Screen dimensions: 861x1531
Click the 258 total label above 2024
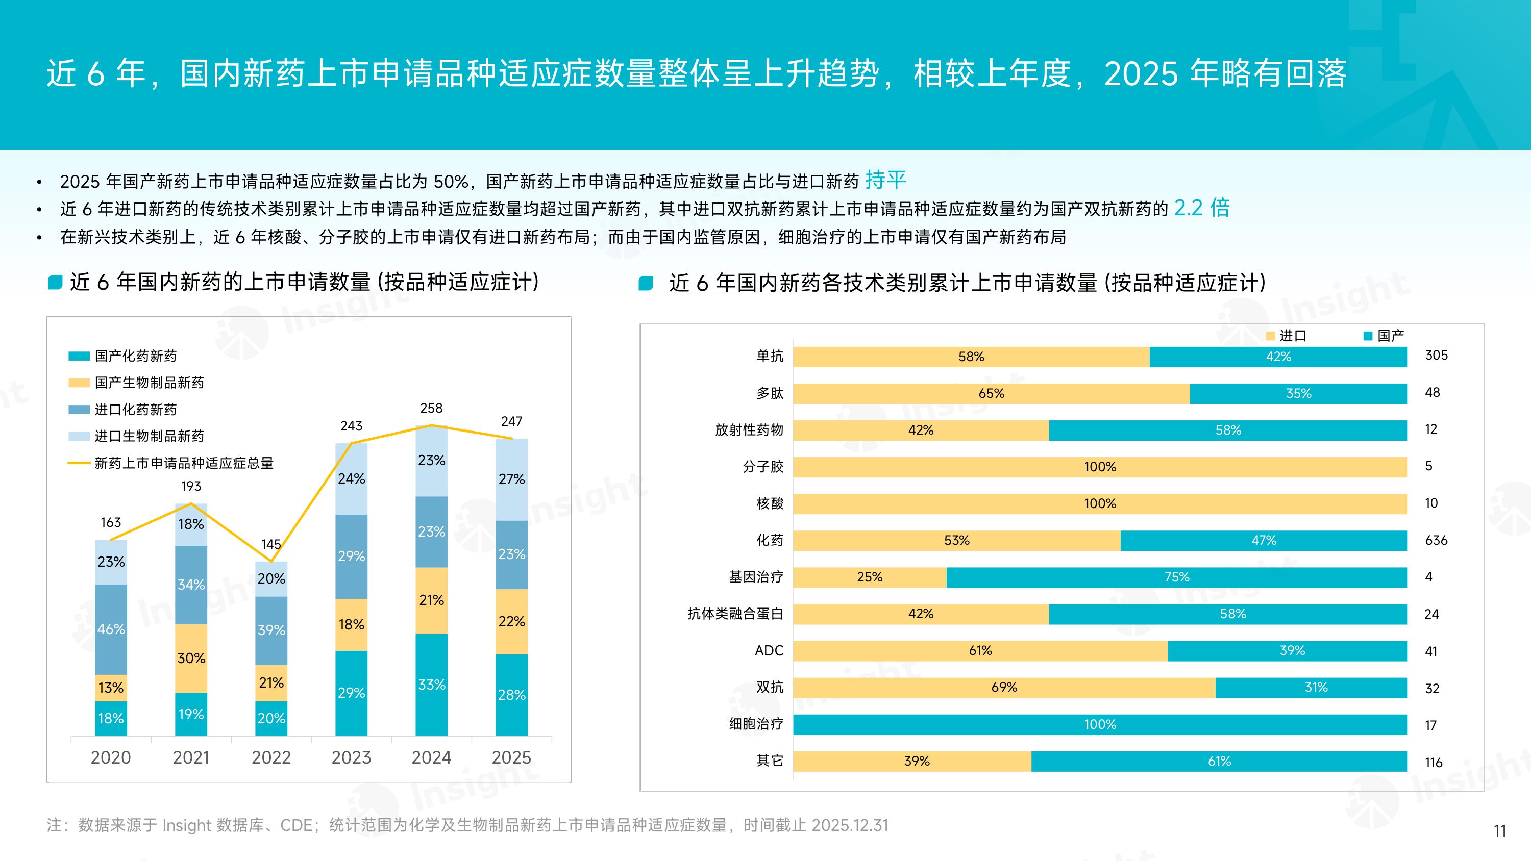pos(431,408)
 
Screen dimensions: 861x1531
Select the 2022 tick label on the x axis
pos(271,757)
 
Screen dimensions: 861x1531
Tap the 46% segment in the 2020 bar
pos(111,629)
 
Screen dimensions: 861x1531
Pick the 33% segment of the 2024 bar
pos(431,685)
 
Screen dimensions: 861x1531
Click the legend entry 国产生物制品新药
pos(149,383)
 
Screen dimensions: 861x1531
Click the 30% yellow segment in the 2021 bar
pos(191,658)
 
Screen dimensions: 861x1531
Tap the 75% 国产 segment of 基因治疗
pos(1176,577)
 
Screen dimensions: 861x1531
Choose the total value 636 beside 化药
pos(1436,540)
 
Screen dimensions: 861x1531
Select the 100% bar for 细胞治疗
pos(1100,724)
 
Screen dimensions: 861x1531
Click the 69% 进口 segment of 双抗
pos(1004,688)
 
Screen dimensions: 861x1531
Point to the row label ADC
pos(769,651)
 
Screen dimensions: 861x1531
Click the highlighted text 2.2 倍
pos(1201,208)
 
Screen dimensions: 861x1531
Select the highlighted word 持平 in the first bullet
pos(885,180)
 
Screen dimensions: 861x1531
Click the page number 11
pos(1499,831)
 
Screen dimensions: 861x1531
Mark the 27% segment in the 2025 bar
pos(511,479)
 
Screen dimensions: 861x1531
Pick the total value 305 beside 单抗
pos(1436,356)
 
